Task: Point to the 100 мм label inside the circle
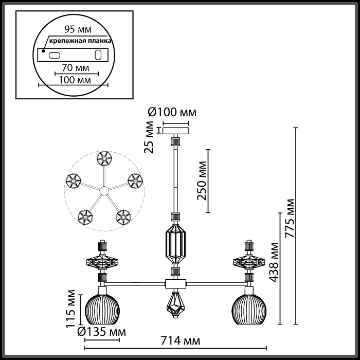[x=73, y=80]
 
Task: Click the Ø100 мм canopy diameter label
[x=172, y=112]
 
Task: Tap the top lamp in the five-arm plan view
[x=104, y=158]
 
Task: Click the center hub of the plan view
[x=104, y=191]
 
